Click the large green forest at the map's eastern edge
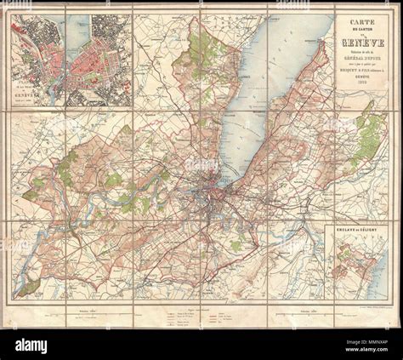tap(369, 136)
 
